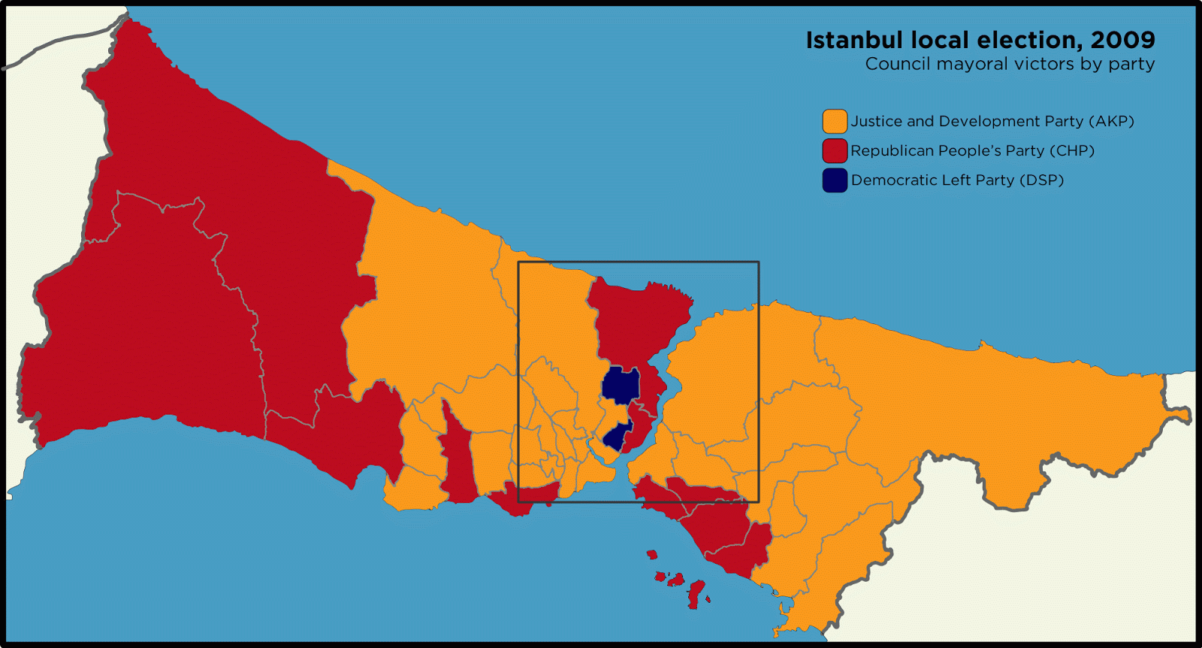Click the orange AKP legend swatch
tap(835, 121)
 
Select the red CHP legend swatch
tap(835, 150)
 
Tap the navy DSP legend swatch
tap(835, 180)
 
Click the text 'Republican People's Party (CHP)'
tap(972, 150)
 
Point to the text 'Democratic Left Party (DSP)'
tap(957, 180)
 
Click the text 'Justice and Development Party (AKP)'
tap(992, 121)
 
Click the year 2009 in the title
tap(1122, 40)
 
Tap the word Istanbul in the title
tap(854, 40)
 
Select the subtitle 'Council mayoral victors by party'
tap(1010, 64)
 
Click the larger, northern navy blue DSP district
tap(621, 385)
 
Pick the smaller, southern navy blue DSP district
tap(617, 437)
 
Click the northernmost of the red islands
tap(651, 555)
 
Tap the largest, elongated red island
tap(696, 593)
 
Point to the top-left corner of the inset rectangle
tap(518, 262)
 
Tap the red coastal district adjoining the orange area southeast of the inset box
tap(729, 534)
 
